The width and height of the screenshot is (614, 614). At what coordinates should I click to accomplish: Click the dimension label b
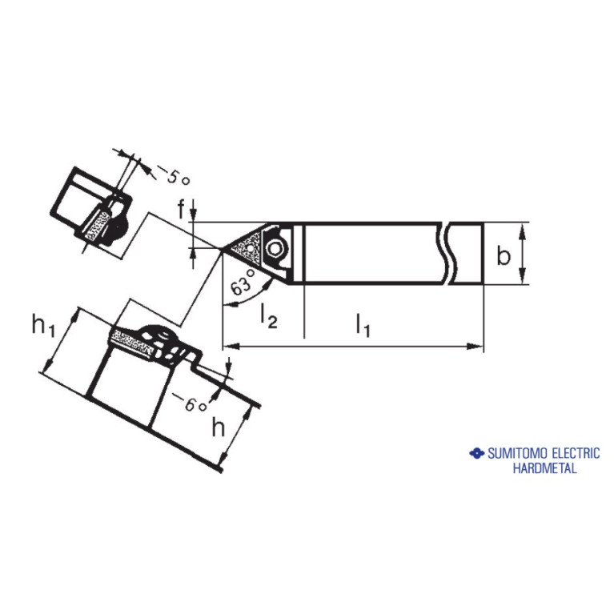point(504,256)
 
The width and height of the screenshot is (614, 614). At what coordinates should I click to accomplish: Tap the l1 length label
point(363,325)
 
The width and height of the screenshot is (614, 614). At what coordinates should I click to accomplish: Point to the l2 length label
point(269,317)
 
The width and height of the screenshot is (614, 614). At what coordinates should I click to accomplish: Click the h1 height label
point(43,325)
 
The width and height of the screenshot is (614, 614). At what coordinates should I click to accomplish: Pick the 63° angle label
point(243,282)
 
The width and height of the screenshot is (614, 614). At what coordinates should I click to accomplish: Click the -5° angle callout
point(174,175)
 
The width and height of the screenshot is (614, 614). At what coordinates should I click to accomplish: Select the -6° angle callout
point(191,403)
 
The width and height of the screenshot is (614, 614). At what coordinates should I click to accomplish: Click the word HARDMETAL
point(544,468)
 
